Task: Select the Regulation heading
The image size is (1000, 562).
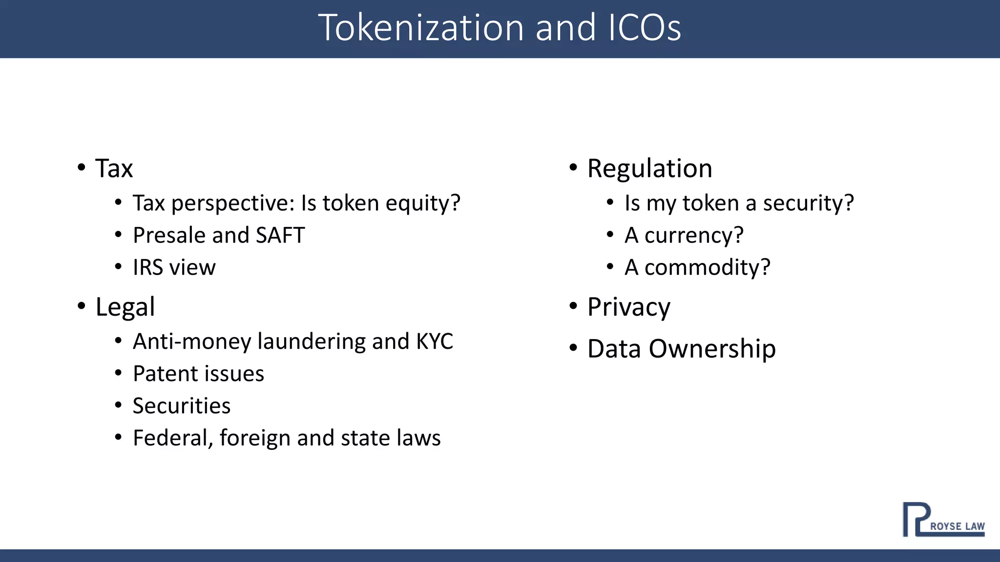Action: click(649, 169)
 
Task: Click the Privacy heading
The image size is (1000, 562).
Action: click(628, 307)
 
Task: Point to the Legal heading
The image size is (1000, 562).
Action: click(125, 307)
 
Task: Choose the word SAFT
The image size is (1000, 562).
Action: click(280, 235)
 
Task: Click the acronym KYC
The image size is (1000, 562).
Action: click(435, 341)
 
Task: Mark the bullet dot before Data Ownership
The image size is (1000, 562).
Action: click(573, 348)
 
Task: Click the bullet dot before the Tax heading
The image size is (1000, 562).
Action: click(82, 168)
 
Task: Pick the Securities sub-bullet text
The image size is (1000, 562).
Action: click(182, 406)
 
